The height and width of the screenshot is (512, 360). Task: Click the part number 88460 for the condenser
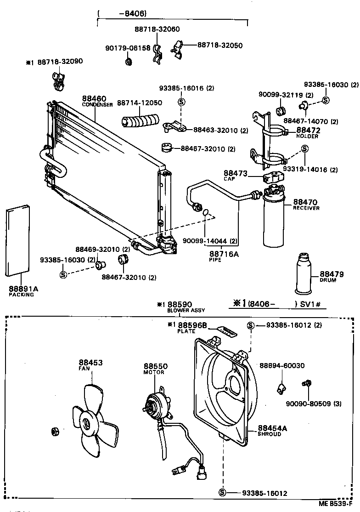click(94, 98)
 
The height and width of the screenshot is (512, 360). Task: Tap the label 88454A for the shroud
click(272, 428)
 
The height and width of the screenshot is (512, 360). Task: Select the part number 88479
click(331, 274)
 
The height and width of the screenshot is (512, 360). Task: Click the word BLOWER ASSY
click(186, 310)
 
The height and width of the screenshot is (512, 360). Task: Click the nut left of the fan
click(55, 431)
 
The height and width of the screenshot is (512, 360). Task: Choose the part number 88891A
click(23, 289)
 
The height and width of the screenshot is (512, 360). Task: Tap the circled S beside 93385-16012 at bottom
click(223, 493)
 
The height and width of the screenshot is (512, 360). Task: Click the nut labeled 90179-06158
click(129, 61)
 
